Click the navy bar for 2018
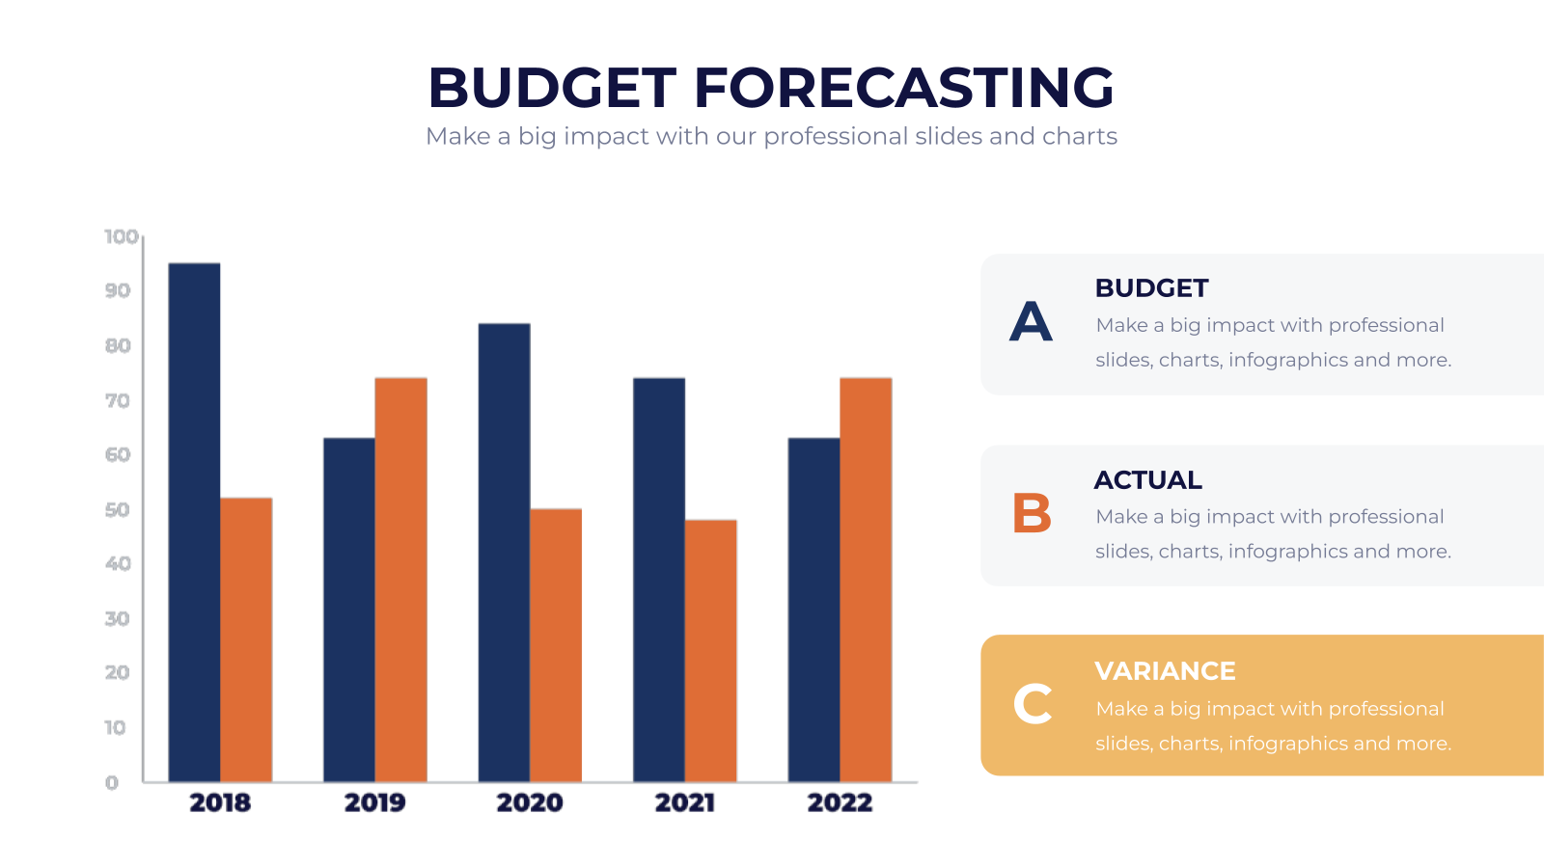coord(194,522)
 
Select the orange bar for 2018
coord(246,640)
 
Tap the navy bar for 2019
coord(349,610)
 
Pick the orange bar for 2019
coord(401,580)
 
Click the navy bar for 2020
coord(505,553)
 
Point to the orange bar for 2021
coord(710,651)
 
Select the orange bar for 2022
coord(866,580)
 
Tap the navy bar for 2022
coord(814,610)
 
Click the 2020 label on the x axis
coord(530,802)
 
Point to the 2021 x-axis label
coord(684,802)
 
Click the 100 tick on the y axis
coord(122,237)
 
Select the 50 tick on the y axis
coord(117,510)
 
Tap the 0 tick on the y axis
coord(112,782)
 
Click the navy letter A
coord(1031,322)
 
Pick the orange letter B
coord(1032,513)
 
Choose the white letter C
coord(1033,704)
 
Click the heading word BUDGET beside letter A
coord(1152,288)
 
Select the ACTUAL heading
coord(1148,479)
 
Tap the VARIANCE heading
coord(1165,671)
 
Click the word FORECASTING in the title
coord(903,88)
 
